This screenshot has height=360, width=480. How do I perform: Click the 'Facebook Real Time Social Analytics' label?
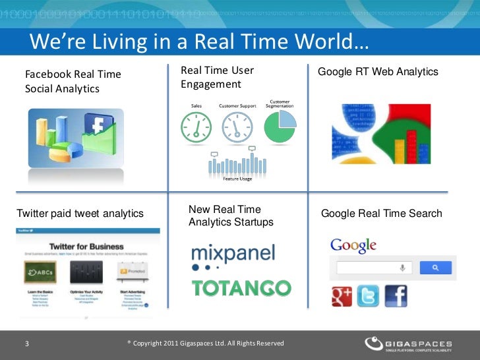(73, 81)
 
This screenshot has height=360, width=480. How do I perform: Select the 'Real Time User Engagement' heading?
(217, 77)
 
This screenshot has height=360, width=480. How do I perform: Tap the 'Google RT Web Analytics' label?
(378, 71)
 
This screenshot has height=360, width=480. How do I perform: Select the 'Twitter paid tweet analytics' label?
(80, 213)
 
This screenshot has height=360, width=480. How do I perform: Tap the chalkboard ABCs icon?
(40, 272)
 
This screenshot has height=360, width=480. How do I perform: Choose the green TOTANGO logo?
(241, 288)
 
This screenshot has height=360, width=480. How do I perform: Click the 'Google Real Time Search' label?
(381, 214)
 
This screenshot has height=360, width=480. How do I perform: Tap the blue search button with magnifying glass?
(435, 268)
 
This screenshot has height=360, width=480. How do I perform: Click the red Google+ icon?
(341, 295)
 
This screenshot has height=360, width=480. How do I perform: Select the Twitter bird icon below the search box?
(368, 295)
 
